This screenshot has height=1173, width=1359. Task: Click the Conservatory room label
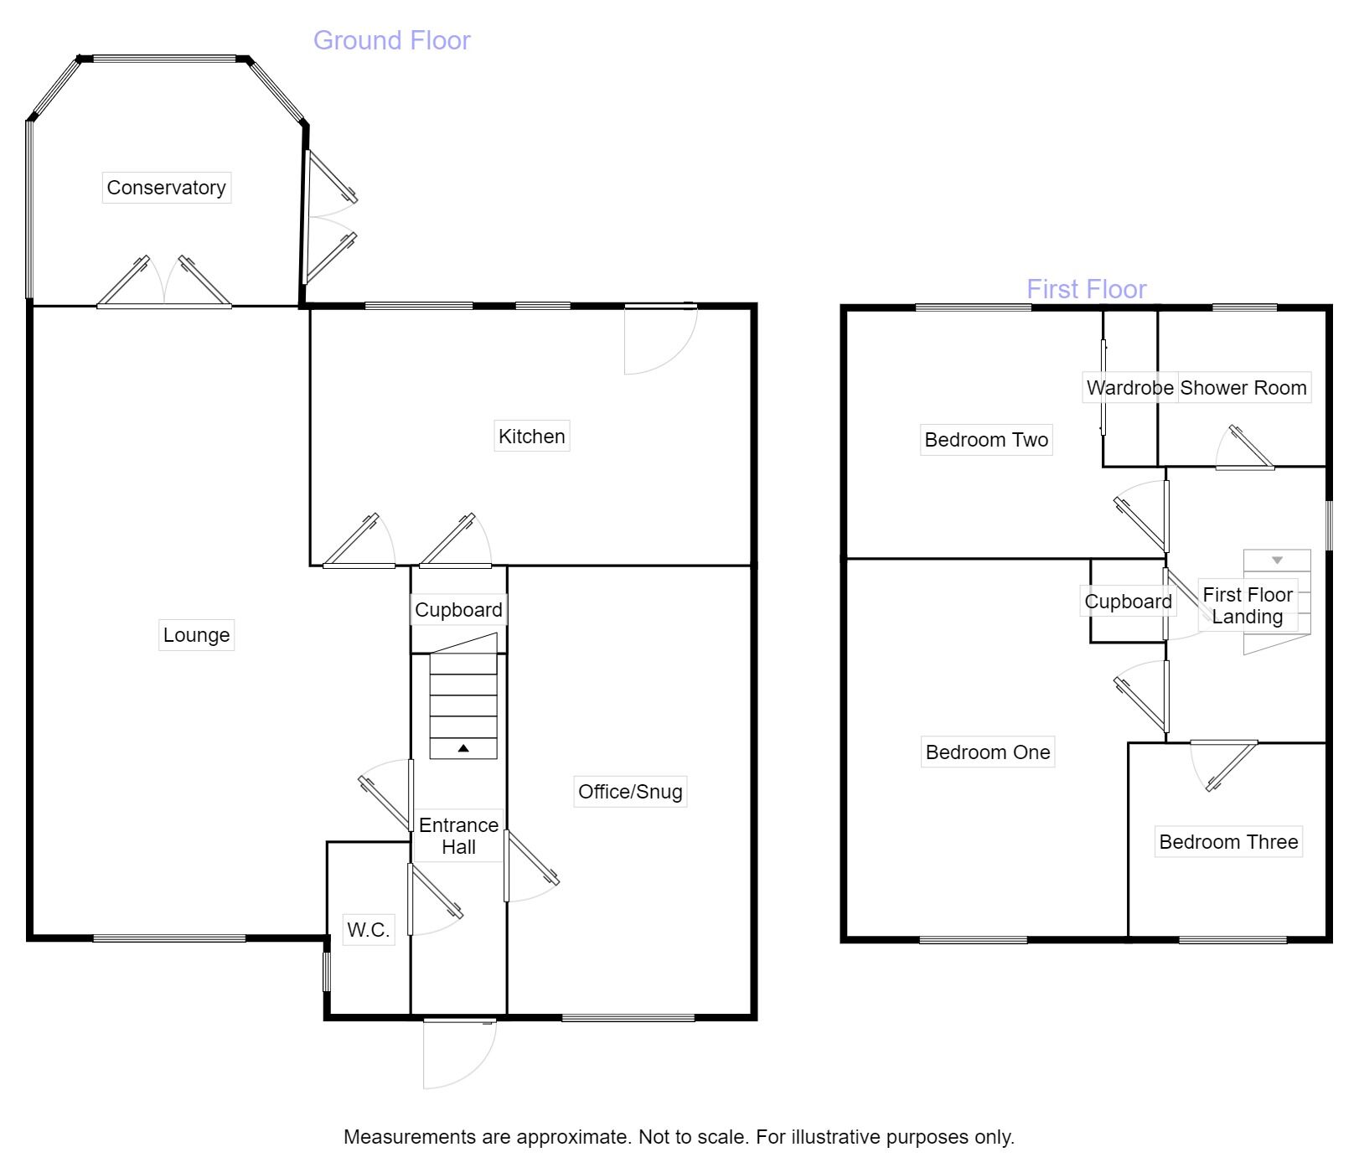click(166, 188)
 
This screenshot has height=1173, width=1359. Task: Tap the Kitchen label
click(531, 437)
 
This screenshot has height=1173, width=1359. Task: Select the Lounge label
click(196, 635)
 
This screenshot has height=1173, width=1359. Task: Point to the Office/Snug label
click(630, 792)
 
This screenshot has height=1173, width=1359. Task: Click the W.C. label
click(368, 929)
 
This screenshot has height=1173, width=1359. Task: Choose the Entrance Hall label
click(458, 836)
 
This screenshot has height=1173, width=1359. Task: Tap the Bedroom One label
click(987, 752)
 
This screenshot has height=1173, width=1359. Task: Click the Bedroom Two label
click(986, 440)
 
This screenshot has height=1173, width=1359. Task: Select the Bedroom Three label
click(1228, 842)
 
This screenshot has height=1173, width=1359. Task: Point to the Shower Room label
click(1243, 388)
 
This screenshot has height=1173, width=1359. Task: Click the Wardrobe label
click(1129, 388)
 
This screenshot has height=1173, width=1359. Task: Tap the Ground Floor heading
click(391, 40)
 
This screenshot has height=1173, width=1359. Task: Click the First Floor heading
click(1086, 289)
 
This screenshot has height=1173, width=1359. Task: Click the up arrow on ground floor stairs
click(463, 748)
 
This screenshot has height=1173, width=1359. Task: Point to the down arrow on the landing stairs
click(1277, 561)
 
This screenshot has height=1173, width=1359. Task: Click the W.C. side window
click(327, 972)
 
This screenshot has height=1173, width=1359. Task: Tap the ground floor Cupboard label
click(458, 610)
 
